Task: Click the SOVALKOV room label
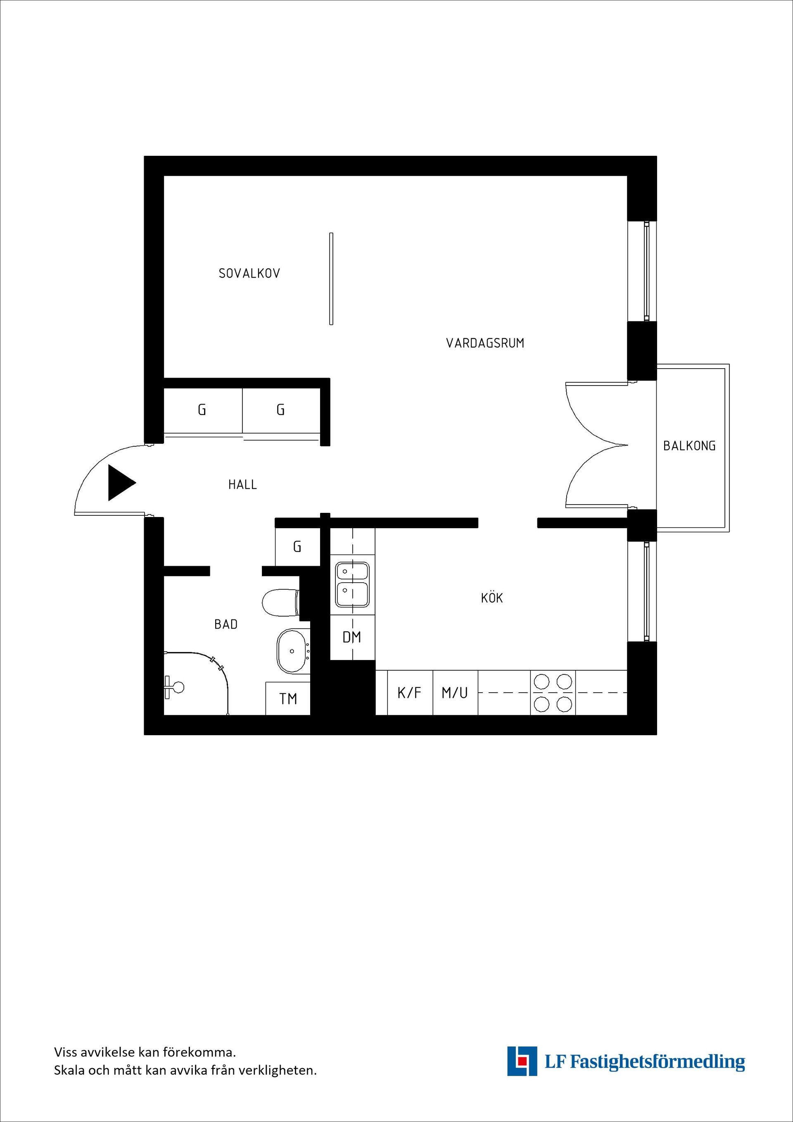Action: (249, 273)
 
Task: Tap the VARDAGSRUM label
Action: (485, 343)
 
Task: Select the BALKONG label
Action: (689, 445)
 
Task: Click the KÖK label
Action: (492, 598)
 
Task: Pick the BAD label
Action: (226, 624)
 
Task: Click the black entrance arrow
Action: (120, 483)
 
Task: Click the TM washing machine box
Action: (288, 699)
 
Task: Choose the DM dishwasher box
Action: (352, 637)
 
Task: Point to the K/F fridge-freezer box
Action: (409, 693)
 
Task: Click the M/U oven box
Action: (455, 693)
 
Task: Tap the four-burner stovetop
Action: (553, 693)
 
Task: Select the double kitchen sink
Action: (352, 584)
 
